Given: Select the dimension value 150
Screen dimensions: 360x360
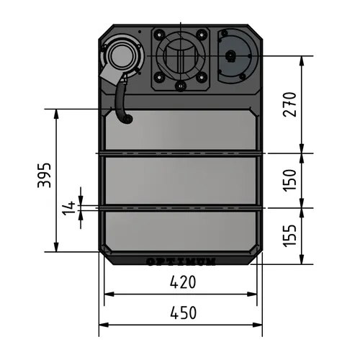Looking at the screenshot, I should tap(290, 180).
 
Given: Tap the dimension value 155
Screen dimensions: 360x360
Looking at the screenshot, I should tap(290, 235).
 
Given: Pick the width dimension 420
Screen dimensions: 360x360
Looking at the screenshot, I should tap(183, 282).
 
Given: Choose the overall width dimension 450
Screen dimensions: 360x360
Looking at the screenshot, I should tap(183, 313).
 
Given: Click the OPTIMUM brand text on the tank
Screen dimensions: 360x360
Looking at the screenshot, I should tap(180, 261).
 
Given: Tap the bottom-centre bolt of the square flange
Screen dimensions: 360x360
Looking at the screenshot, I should tap(180, 86).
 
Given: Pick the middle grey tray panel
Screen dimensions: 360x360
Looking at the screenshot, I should tap(180, 181).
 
